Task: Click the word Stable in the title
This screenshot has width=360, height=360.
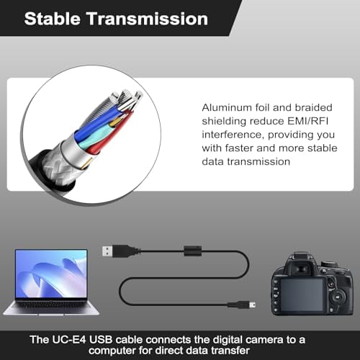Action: [x=53, y=19]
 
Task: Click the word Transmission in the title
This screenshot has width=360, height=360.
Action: [x=146, y=19]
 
